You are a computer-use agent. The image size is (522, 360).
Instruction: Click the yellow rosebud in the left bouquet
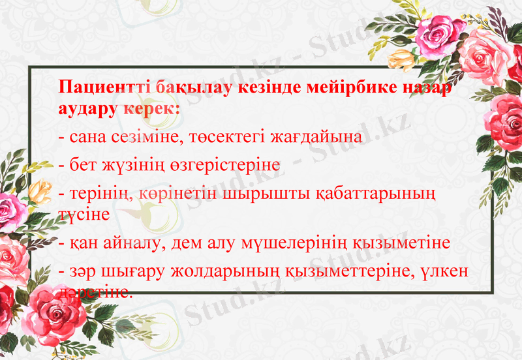pos(41,191)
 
